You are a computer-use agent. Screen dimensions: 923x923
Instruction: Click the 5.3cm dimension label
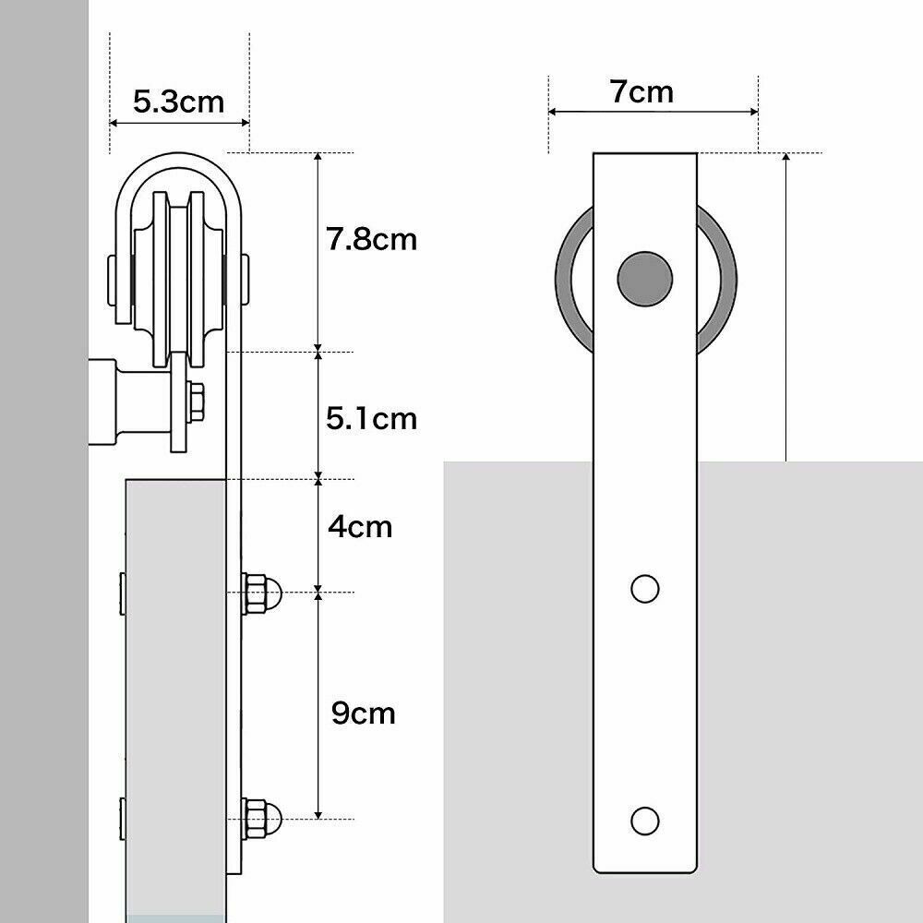(x=178, y=101)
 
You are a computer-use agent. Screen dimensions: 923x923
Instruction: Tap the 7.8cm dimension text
(x=371, y=240)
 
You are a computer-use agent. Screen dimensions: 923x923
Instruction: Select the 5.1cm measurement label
(x=371, y=418)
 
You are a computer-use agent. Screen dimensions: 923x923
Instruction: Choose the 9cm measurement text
(x=363, y=713)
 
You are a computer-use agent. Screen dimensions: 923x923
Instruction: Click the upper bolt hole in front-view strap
(x=644, y=588)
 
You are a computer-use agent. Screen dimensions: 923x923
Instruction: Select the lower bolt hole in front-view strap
(x=644, y=819)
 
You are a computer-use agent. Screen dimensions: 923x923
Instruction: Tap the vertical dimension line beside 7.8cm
(x=318, y=251)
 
